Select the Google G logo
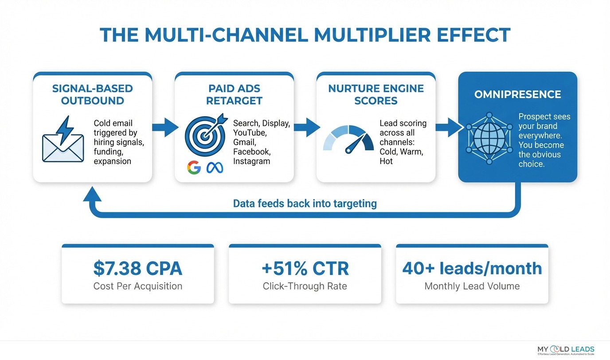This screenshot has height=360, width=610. tap(193, 167)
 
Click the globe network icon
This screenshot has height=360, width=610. tap(489, 138)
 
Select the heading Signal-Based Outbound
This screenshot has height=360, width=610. tap(92, 94)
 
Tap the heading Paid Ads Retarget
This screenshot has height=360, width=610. tap(234, 94)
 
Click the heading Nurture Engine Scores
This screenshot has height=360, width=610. tap(375, 94)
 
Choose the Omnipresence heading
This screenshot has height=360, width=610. tap(517, 94)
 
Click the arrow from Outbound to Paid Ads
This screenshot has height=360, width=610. tap(164, 127)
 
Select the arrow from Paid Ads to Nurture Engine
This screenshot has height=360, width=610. tap(306, 127)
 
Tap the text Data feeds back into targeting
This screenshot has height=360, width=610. tap(305, 203)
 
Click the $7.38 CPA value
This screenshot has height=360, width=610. tap(137, 268)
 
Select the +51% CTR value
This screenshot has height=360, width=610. tap(305, 268)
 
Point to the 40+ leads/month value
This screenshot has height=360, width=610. tap(472, 268)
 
